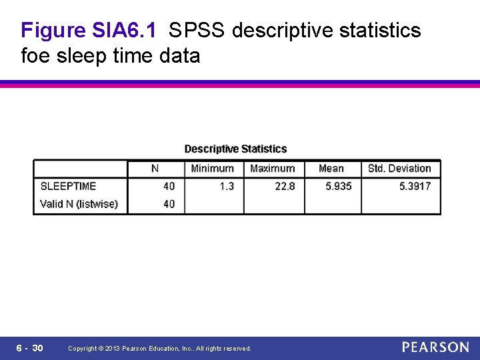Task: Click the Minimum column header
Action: [x=212, y=169]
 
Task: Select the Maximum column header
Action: [x=272, y=169]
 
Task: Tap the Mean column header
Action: [x=331, y=169]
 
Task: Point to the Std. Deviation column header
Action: [x=399, y=169]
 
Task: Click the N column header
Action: [x=155, y=169]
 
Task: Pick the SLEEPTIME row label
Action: [x=68, y=186]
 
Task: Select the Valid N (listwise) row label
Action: [x=79, y=204]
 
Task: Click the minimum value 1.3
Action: [x=227, y=186]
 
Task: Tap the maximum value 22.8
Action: [x=285, y=186]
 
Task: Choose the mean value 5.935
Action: [x=338, y=186]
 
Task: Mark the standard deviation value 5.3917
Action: [x=415, y=186]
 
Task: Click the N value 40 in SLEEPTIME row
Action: [x=169, y=186]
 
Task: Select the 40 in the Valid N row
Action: [x=169, y=204]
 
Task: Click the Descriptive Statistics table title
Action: [x=235, y=149]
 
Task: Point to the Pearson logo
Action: [x=435, y=347]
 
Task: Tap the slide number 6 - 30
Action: [x=29, y=348]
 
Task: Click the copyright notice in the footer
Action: [x=159, y=349]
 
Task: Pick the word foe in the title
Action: [x=37, y=55]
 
